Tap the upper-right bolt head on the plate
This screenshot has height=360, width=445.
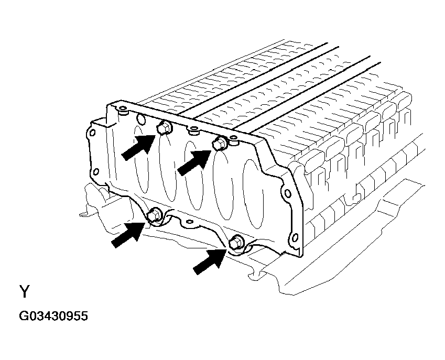221,143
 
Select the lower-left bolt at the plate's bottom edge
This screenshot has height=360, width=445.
155,214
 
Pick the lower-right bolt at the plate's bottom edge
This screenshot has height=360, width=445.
236,242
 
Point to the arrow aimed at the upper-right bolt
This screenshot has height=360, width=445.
195,161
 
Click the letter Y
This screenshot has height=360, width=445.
25,291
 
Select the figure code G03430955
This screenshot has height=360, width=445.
53,317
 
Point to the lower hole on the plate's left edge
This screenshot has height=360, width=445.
95,172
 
